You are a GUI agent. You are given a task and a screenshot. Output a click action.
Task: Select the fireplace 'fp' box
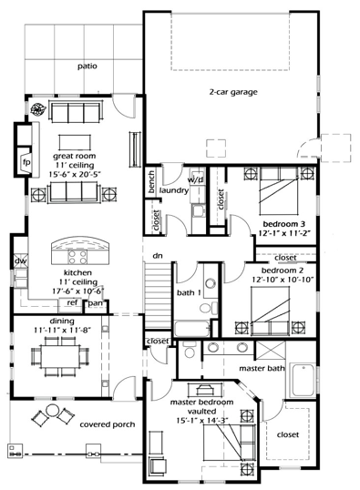pos(26,163)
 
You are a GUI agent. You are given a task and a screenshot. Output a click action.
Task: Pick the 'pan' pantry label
pos(95,302)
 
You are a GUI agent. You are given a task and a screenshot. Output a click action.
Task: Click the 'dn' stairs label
pos(157,256)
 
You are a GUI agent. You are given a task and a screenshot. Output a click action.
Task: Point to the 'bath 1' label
pos(189,293)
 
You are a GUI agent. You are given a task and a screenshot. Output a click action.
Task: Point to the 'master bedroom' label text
pos(201,402)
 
